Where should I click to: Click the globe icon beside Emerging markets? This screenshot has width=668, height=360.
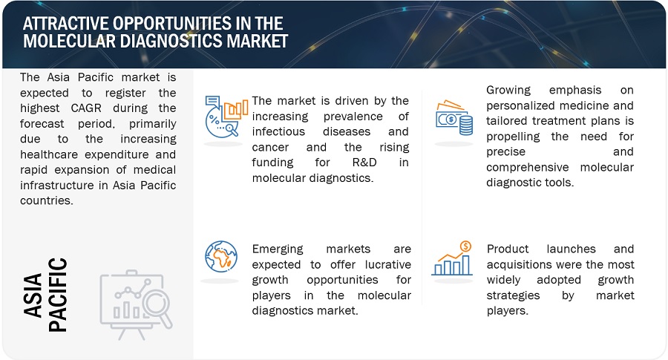[x=220, y=257]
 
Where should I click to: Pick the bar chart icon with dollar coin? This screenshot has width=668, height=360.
[x=453, y=258]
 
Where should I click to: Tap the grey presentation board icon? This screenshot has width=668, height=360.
[x=136, y=304]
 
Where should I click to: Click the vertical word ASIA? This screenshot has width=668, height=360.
[x=33, y=295]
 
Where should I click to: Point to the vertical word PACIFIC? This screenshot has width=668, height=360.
[x=57, y=295]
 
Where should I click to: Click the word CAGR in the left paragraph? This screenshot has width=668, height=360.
[x=86, y=108]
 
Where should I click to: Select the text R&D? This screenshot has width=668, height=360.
[x=364, y=163]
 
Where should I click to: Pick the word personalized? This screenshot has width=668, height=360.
[x=517, y=106]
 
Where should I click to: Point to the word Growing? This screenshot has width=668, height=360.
[x=508, y=91]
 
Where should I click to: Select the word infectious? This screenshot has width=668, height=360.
[x=278, y=131]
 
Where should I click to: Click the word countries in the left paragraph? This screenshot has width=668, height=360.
[x=47, y=200]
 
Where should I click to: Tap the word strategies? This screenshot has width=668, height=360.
[x=513, y=296]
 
